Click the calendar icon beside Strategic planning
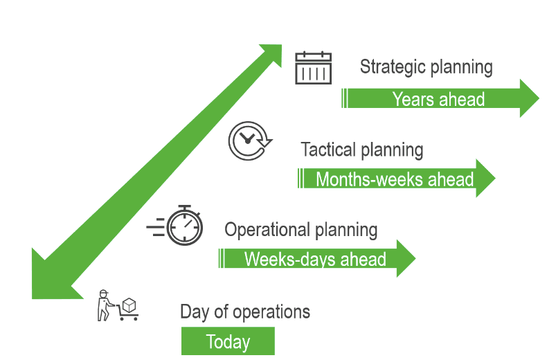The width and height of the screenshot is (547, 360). tap(313, 68)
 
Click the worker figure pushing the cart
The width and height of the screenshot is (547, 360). tap(105, 305)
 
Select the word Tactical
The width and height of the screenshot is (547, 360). tap(329, 149)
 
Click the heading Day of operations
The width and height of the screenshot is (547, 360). tap(245, 312)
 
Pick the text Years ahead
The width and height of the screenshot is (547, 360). tap(438, 99)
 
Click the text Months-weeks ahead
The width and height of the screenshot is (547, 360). tap(395, 179)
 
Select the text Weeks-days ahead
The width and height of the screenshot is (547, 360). tap(315, 260)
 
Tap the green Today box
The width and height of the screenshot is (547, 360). tap(228, 341)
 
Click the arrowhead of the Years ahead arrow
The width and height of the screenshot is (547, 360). tap(529, 98)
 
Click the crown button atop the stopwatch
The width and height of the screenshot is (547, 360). tap(184, 207)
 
